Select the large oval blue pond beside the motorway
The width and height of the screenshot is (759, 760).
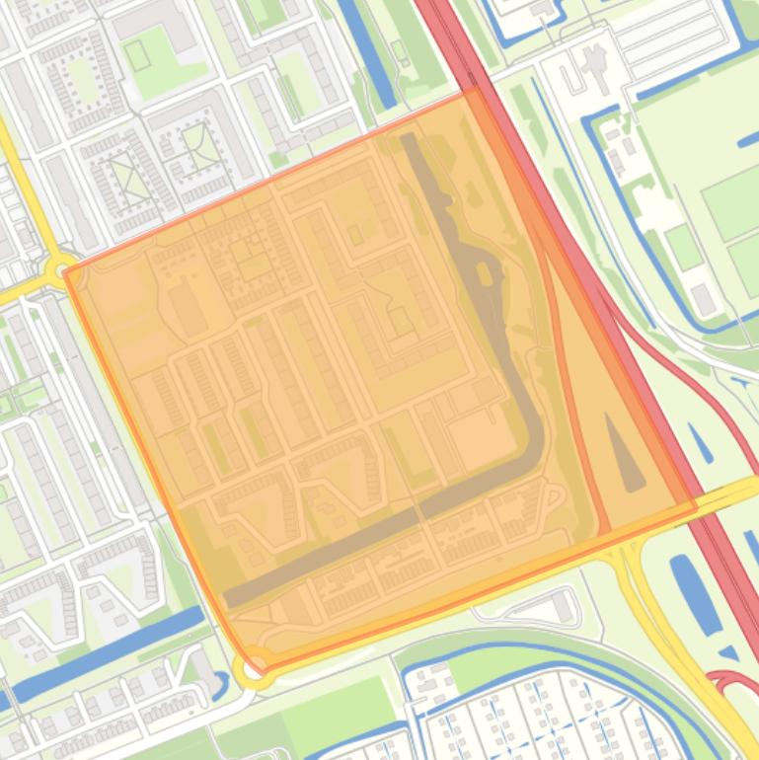[695, 592]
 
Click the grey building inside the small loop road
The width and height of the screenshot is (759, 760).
[562, 607]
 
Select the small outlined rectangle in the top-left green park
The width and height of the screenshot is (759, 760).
[137, 55]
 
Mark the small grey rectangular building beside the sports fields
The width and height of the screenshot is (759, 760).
[703, 299]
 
